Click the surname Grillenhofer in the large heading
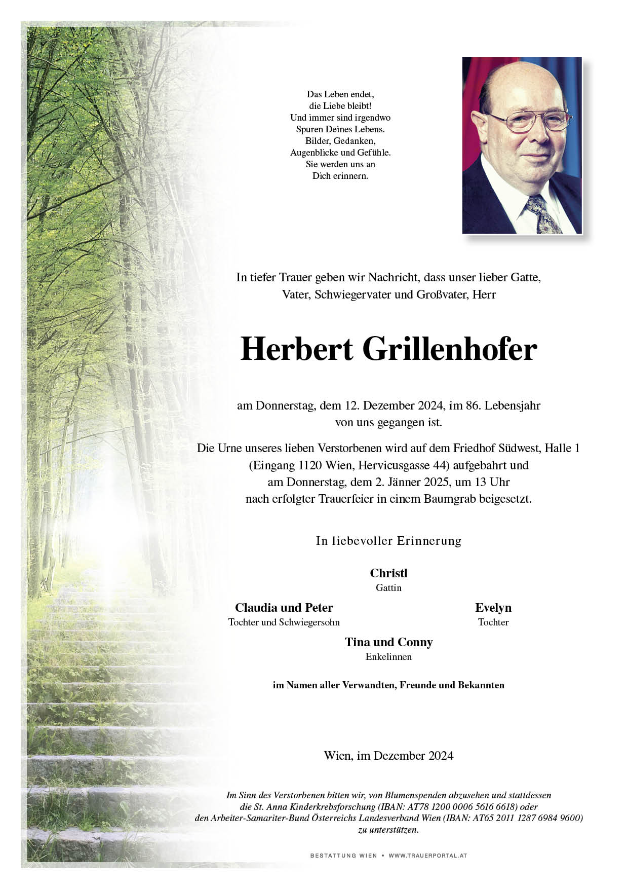click(450, 350)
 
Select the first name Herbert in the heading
click(297, 350)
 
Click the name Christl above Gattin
click(388, 573)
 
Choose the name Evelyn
click(493, 608)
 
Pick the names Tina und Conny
click(388, 642)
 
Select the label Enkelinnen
click(388, 657)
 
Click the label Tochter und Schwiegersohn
click(284, 622)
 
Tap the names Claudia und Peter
click(284, 608)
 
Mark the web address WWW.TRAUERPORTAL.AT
click(427, 856)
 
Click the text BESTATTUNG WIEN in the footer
click(343, 856)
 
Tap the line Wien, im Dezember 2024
click(388, 756)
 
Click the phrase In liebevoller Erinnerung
click(388, 541)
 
